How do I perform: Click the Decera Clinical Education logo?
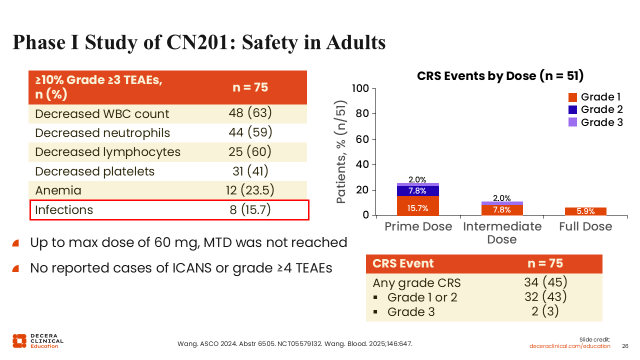(x=37, y=340)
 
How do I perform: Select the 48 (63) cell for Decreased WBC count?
(x=250, y=113)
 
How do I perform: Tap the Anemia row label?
(x=58, y=190)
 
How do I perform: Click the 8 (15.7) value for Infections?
(x=250, y=209)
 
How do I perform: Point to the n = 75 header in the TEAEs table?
(x=250, y=87)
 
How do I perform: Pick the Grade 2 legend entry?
(x=596, y=109)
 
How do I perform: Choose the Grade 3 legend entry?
(x=596, y=122)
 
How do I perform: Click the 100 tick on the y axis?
(x=360, y=89)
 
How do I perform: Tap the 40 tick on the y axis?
(x=362, y=165)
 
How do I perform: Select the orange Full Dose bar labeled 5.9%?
(x=585, y=211)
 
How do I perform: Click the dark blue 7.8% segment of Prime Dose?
(x=417, y=190)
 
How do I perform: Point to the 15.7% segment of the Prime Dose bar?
(x=417, y=208)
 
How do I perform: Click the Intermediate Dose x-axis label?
(x=502, y=232)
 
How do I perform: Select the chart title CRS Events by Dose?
(x=500, y=76)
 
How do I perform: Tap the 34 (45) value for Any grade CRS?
(x=545, y=282)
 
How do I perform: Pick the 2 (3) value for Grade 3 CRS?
(x=545, y=311)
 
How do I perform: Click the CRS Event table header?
(x=403, y=263)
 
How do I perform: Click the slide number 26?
(x=625, y=346)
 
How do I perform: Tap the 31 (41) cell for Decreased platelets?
(x=250, y=171)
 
